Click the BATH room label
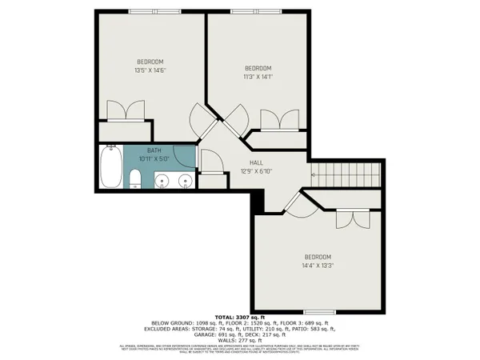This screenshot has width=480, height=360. pyautogui.click(x=154, y=150)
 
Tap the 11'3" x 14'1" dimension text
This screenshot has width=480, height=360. pyautogui.click(x=258, y=78)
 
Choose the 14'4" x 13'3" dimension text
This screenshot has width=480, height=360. pyautogui.click(x=317, y=266)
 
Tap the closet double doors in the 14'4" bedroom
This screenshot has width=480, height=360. pyautogui.click(x=348, y=218)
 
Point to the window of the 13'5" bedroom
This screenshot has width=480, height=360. pyautogui.click(x=150, y=11)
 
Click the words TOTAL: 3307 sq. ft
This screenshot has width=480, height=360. pyautogui.click(x=240, y=318)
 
